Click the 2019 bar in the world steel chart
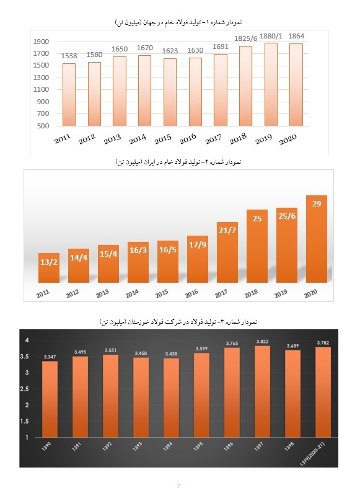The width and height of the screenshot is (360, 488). (x=271, y=84)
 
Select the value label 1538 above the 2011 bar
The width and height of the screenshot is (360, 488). (x=69, y=56)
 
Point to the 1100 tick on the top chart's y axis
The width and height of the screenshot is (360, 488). (x=41, y=89)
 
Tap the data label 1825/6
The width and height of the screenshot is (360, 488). (x=245, y=38)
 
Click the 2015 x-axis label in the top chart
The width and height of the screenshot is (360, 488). (x=163, y=139)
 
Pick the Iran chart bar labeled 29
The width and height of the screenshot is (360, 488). (x=317, y=239)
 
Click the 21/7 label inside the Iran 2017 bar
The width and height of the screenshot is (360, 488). (x=227, y=230)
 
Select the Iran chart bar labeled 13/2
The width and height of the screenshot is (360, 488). (x=49, y=268)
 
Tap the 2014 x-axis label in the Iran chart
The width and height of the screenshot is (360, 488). (x=132, y=293)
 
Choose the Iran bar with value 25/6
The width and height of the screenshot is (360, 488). (x=287, y=246)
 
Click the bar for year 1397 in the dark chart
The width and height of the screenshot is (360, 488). (x=262, y=391)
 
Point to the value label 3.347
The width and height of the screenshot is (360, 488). (x=50, y=357)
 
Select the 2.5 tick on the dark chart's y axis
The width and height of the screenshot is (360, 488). (x=24, y=389)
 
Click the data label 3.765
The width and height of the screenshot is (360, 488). (x=232, y=344)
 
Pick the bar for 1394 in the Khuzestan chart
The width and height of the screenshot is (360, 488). (x=171, y=397)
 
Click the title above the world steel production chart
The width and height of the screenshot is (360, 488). (x=178, y=22)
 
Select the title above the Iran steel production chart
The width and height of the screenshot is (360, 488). (x=178, y=162)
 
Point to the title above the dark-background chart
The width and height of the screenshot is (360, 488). (x=178, y=321)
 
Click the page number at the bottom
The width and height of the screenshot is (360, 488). (x=178, y=485)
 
